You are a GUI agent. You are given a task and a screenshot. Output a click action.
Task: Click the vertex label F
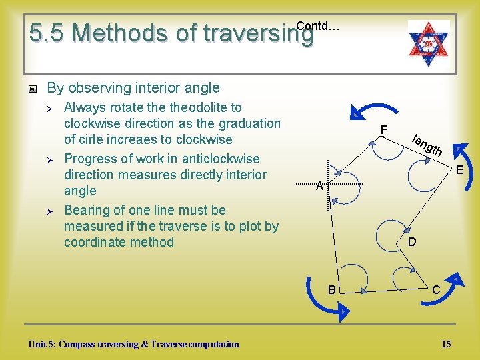click(384, 129)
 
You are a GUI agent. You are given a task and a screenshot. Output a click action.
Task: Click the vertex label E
click(459, 170)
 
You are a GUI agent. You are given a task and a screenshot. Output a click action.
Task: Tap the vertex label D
click(411, 242)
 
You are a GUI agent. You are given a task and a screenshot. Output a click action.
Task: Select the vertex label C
click(435, 290)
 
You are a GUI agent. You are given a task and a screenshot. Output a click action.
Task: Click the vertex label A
click(320, 187)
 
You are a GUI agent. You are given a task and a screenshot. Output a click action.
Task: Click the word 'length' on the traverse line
click(427, 146)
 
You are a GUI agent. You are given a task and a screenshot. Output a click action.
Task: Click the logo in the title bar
click(429, 39)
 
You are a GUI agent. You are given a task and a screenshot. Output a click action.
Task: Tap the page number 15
click(446, 344)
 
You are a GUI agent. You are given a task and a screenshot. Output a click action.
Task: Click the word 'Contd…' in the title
click(317, 26)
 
